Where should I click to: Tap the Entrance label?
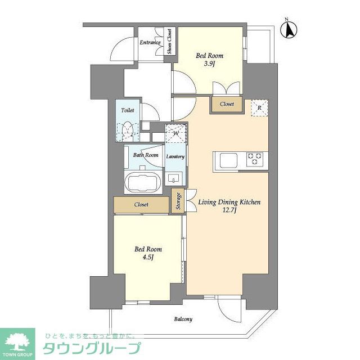[x=150, y=42]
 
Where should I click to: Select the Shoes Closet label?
[x=169, y=42]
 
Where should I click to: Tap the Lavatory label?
[x=175, y=156]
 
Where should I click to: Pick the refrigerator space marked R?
[x=259, y=107]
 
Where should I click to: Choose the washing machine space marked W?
[x=175, y=134]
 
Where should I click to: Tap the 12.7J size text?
[x=228, y=211]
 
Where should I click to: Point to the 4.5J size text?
[x=148, y=258]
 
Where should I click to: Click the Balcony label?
[x=183, y=319]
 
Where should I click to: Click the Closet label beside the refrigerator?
[x=227, y=104]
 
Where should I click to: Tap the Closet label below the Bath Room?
[x=141, y=205]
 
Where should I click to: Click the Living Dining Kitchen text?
[x=229, y=202]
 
